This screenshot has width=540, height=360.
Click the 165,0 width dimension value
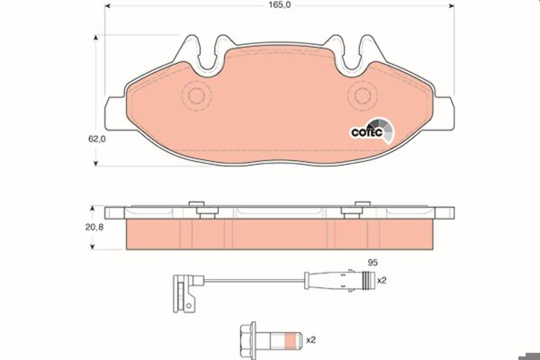(280, 5)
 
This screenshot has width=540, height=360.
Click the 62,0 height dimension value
(97, 139)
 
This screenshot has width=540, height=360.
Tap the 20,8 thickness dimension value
(94, 228)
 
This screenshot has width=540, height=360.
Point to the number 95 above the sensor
(373, 263)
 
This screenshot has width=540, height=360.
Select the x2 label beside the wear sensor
(382, 281)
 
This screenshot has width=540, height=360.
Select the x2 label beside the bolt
(310, 340)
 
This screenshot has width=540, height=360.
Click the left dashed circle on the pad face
(196, 95)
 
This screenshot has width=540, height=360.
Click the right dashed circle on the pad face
(363, 95)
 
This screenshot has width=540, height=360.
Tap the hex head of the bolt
(248, 340)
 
